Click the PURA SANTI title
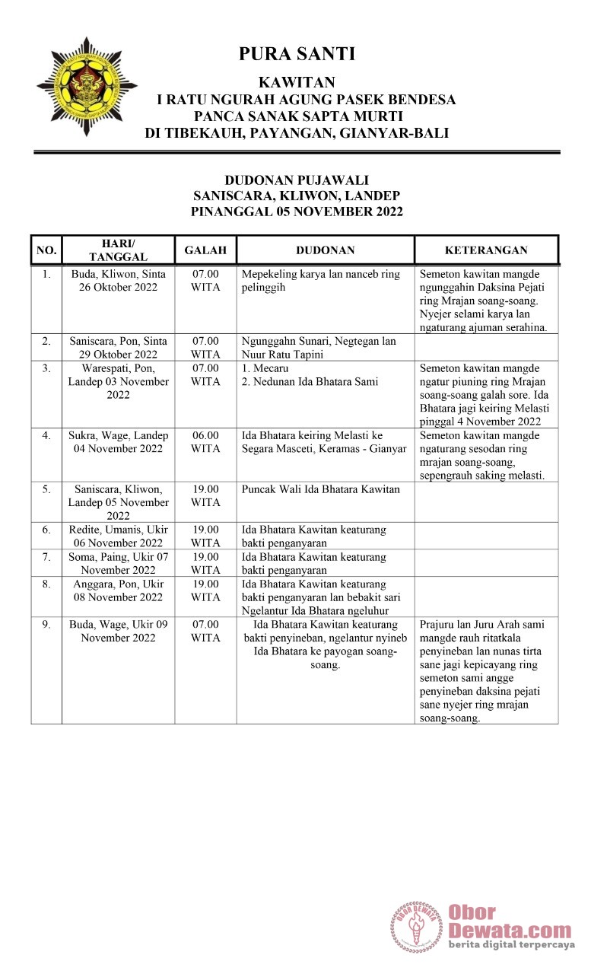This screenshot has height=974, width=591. [x=297, y=54]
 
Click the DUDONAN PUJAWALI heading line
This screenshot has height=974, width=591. [x=297, y=180]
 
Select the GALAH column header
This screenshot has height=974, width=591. [x=205, y=250]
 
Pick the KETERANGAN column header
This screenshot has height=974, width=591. [x=486, y=250]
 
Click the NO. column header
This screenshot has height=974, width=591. [x=46, y=250]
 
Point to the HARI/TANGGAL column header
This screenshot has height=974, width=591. [x=118, y=250]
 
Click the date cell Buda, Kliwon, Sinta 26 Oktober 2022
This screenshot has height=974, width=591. [x=118, y=281]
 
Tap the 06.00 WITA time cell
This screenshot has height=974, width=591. [x=205, y=442]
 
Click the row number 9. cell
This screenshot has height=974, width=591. [x=46, y=624]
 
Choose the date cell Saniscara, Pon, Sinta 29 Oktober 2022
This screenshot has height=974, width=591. [x=118, y=348]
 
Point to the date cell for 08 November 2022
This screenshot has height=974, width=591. [x=118, y=590]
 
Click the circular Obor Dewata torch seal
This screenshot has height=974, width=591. [x=417, y=927]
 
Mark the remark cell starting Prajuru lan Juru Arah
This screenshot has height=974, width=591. [x=486, y=670]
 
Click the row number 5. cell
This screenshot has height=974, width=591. [x=46, y=489]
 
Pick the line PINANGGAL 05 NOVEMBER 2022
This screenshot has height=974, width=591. [x=297, y=212]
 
